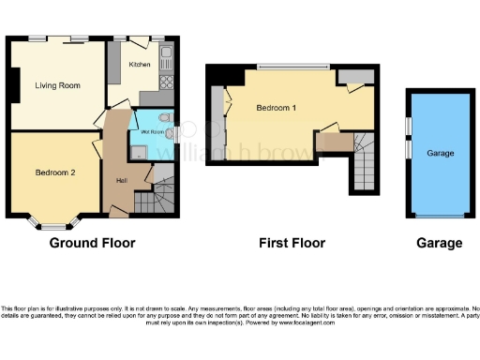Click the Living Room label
56,86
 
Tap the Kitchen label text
140,65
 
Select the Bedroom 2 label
54,172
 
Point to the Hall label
122,180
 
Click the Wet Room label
153,133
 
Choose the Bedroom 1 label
277,108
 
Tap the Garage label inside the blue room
441,153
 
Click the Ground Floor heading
92,243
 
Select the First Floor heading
292,243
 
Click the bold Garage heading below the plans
440,243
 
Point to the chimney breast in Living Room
13,86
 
